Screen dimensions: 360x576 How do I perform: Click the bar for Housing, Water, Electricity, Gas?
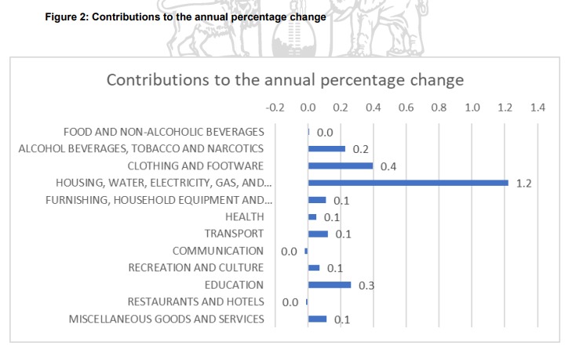click(x=408, y=183)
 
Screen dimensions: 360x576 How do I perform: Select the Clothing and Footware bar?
click(x=341, y=165)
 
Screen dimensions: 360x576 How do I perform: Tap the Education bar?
click(x=330, y=285)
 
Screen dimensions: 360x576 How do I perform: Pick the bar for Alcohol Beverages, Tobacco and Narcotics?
click(x=326, y=148)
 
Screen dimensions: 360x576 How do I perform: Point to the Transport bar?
click(x=318, y=234)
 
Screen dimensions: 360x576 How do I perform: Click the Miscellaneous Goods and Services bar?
click(x=317, y=318)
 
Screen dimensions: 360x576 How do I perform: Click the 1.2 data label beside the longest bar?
click(x=525, y=184)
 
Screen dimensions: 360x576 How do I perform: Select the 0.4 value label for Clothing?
click(x=388, y=166)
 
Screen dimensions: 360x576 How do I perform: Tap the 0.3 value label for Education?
click(x=366, y=285)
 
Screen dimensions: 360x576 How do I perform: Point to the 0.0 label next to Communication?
click(x=289, y=251)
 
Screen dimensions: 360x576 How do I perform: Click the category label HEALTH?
click(x=244, y=216)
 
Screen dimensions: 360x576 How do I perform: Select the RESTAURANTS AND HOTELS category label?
click(x=195, y=302)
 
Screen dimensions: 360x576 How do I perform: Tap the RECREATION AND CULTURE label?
click(x=196, y=267)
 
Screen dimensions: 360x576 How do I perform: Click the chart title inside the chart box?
click(x=285, y=80)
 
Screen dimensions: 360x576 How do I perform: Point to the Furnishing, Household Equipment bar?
click(x=317, y=200)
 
